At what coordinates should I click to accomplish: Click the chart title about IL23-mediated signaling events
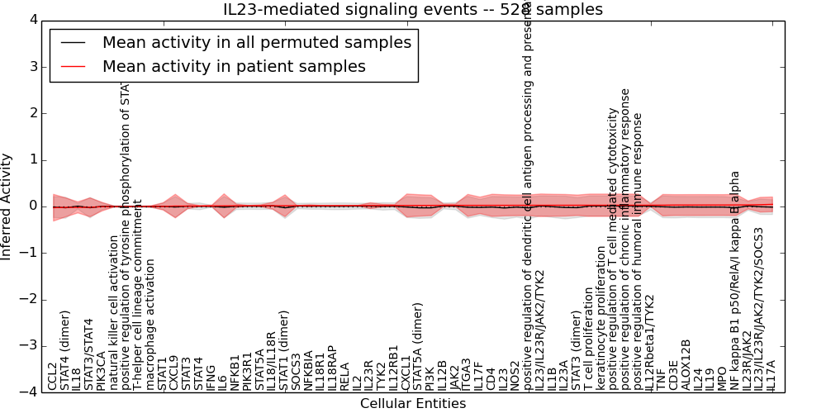pyautogui.click(x=413, y=10)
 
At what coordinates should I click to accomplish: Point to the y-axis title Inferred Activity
pyautogui.click(x=7, y=206)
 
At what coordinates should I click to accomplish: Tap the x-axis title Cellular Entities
pyautogui.click(x=413, y=404)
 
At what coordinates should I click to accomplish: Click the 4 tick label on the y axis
pyautogui.click(x=32, y=20)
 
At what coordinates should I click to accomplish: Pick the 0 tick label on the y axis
pyautogui.click(x=32, y=206)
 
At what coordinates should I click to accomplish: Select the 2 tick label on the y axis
pyautogui.click(x=32, y=113)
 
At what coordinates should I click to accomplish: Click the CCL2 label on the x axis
pyautogui.click(x=53, y=376)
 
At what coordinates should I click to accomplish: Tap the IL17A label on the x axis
pyautogui.click(x=771, y=375)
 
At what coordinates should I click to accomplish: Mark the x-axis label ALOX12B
pyautogui.click(x=685, y=364)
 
